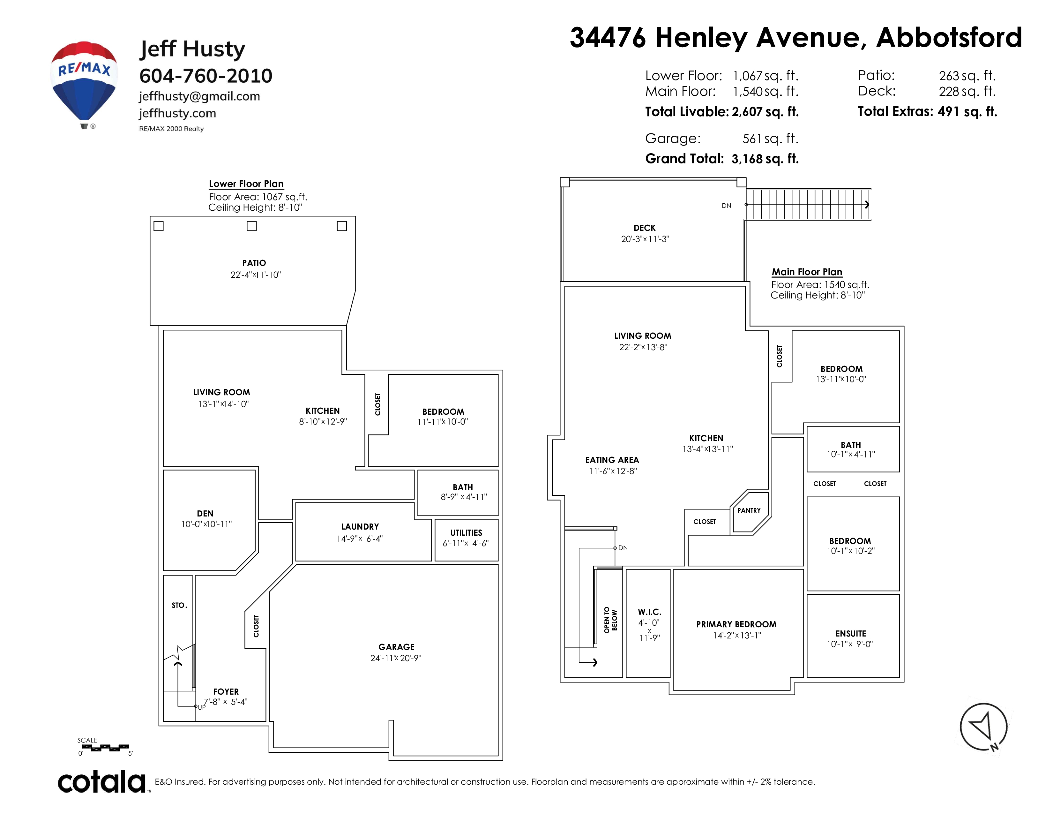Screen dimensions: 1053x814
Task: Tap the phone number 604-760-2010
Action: [206, 76]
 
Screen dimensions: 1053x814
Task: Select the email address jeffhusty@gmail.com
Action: [200, 96]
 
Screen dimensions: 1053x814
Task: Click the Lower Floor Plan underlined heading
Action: [246, 184]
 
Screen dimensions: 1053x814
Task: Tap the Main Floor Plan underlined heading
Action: [807, 272]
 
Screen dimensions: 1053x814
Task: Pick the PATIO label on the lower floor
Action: [254, 263]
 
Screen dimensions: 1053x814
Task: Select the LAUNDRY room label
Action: [360, 527]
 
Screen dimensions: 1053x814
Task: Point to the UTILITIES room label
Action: [466, 532]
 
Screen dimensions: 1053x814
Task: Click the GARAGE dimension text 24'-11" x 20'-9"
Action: [396, 658]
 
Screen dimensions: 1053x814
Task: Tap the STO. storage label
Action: [179, 605]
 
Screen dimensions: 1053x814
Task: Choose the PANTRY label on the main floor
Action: [749, 510]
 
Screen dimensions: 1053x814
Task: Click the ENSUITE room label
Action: [850, 634]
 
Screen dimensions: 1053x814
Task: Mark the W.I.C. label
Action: [649, 612]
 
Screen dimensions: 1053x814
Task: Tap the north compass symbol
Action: [983, 727]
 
